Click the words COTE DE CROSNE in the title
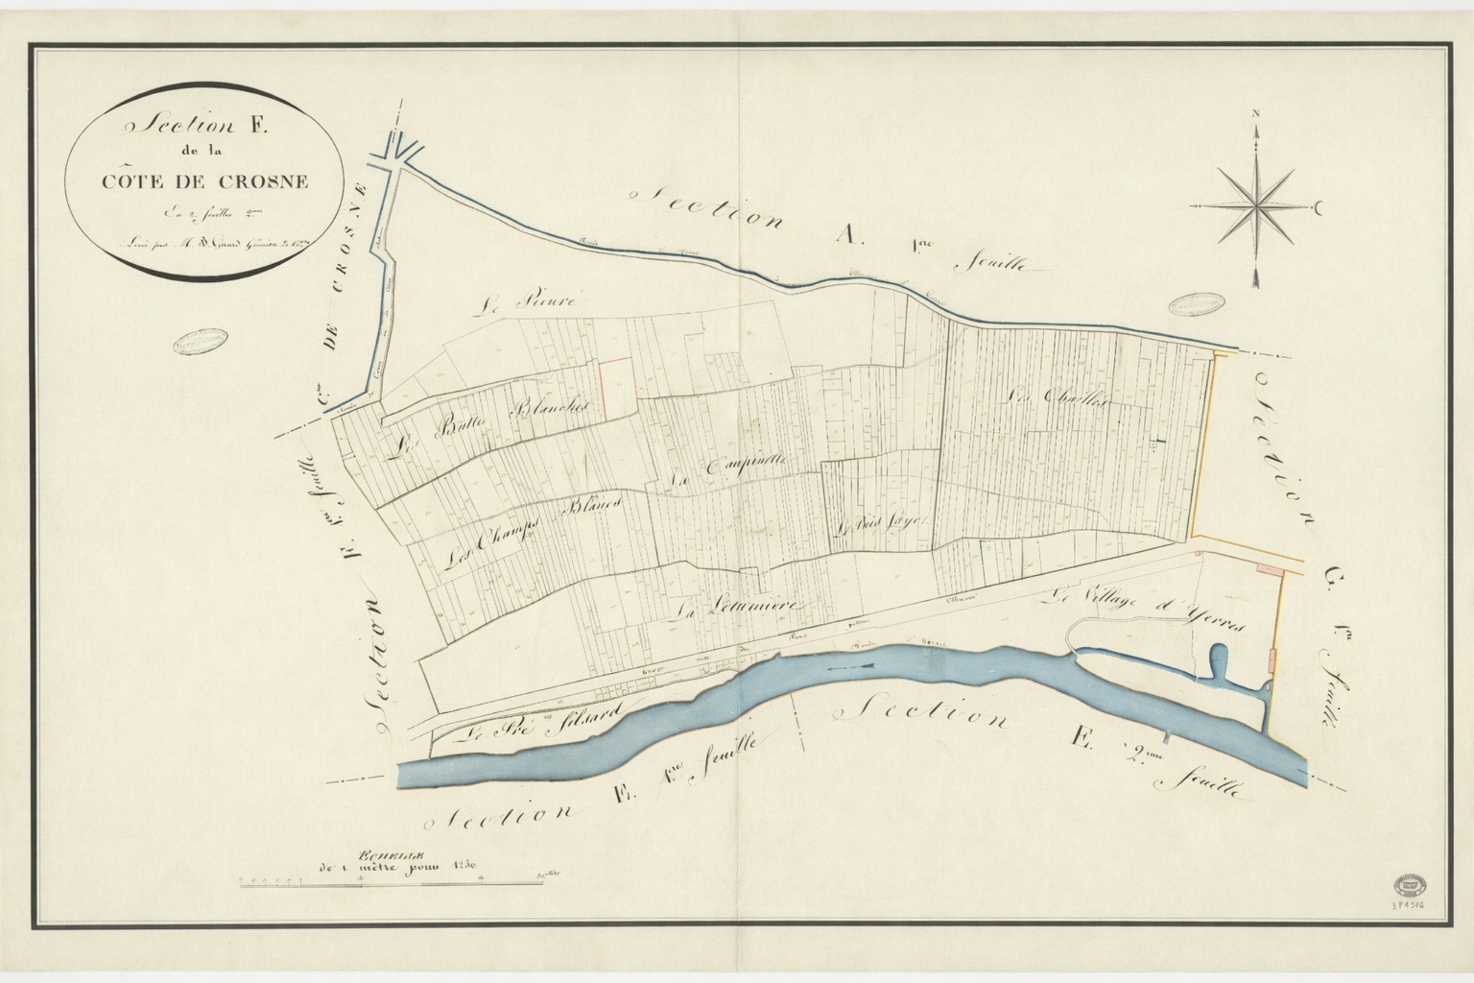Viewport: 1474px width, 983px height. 201,181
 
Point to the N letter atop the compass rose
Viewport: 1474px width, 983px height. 1255,115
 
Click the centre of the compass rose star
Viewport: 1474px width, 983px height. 1256,205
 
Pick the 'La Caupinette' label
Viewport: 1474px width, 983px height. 727,468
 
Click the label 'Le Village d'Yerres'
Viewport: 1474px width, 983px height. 1147,609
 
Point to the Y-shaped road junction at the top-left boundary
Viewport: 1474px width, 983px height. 396,154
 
